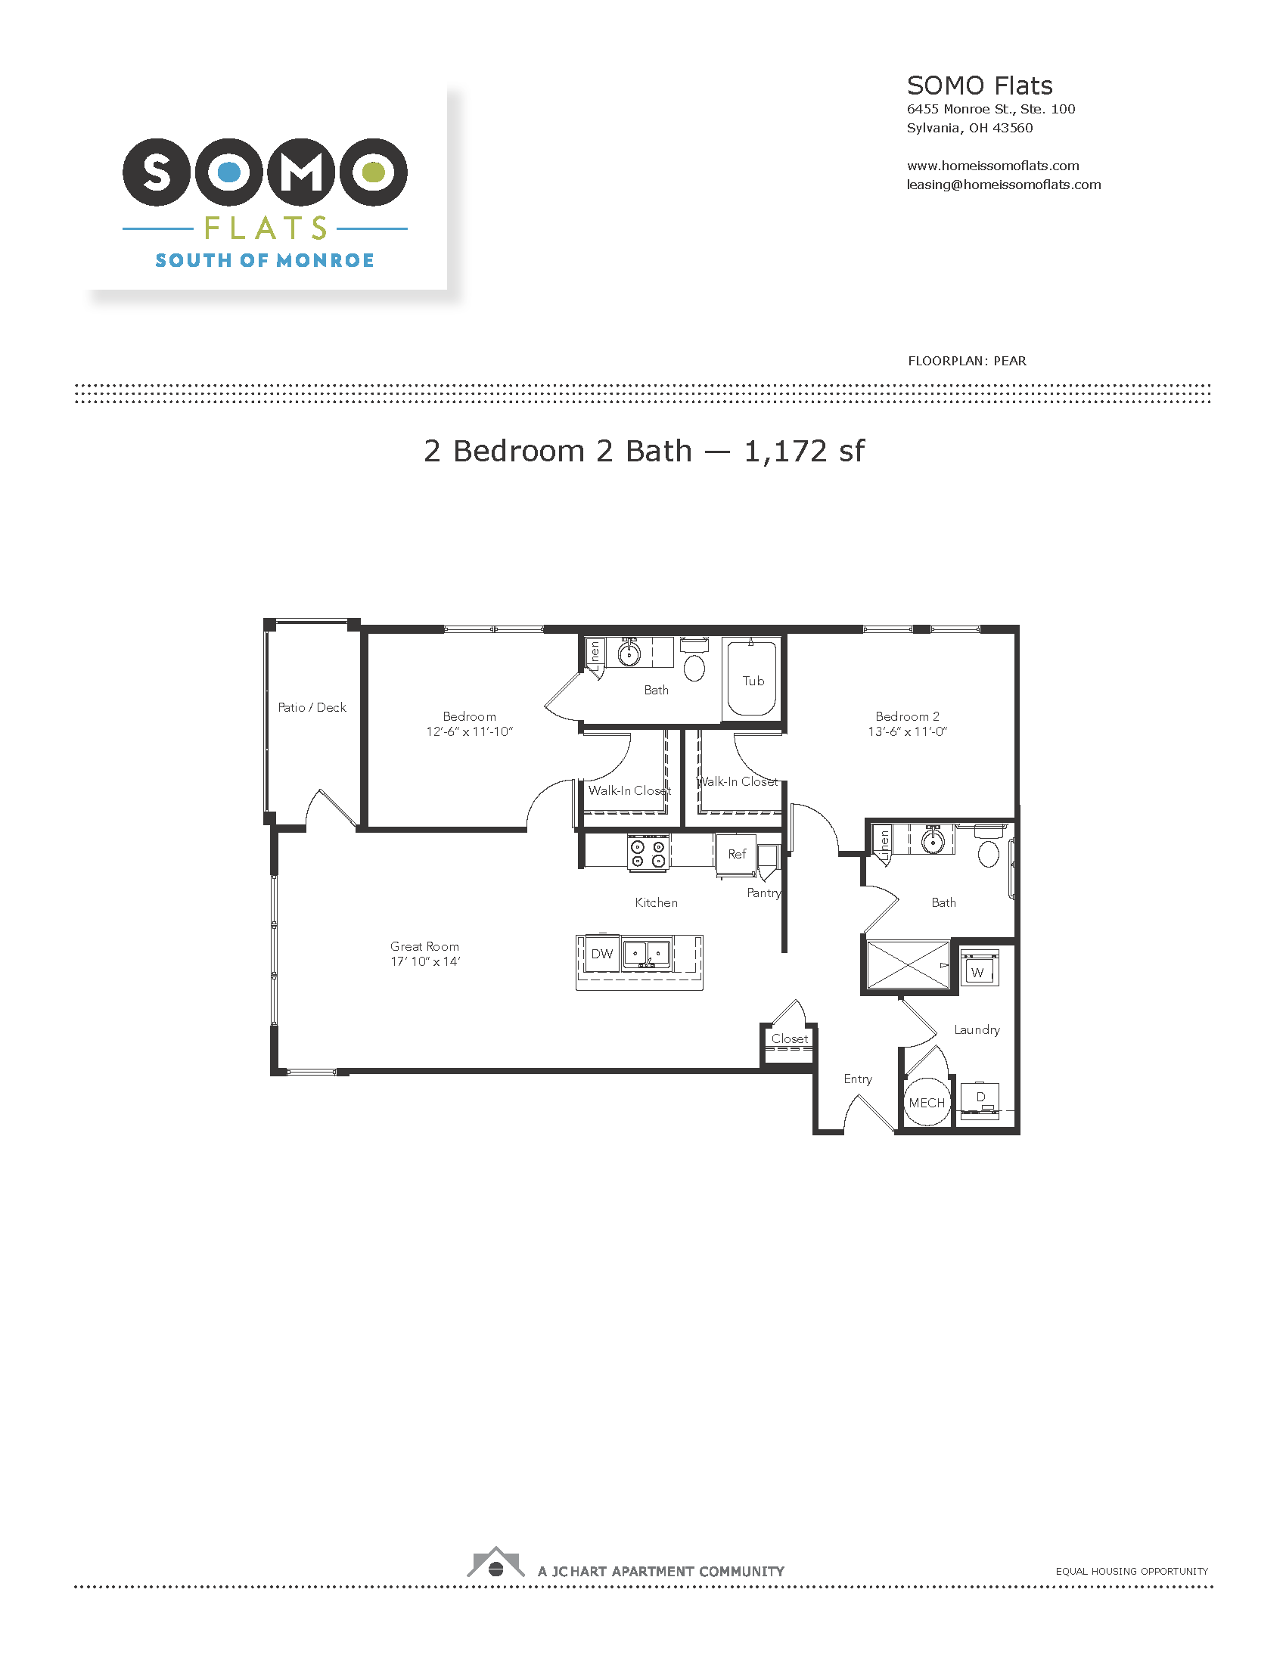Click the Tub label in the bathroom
pos(753,681)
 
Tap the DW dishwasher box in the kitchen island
pos(602,954)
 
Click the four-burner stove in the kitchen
pos(648,852)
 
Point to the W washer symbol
pos(979,970)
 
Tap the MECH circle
pos(927,1103)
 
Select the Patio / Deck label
pos(312,708)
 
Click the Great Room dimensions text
pos(425,961)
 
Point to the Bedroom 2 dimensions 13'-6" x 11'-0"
pos(907,731)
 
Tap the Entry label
pos(858,1079)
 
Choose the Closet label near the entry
pos(790,1038)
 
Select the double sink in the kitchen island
pos(647,954)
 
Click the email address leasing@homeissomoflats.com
pos(1003,185)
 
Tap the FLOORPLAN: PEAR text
pos(967,361)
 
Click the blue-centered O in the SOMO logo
pos(229,172)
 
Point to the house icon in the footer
pos(496,1562)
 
